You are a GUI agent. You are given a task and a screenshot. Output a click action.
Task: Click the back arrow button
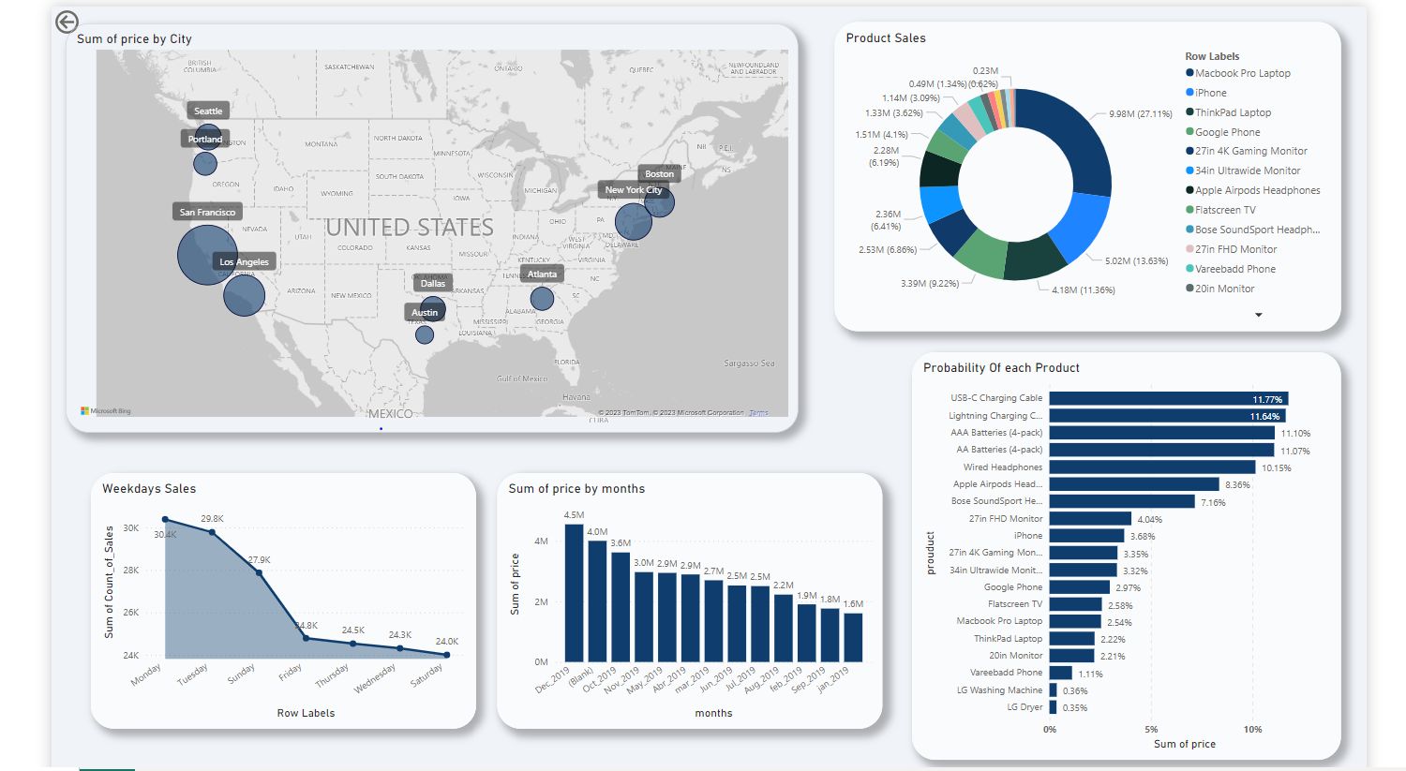[67, 22]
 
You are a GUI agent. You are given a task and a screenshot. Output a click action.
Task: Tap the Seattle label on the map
[208, 111]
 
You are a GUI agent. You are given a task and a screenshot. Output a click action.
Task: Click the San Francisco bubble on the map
[206, 255]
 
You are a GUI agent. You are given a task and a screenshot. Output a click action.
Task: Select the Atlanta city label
[542, 274]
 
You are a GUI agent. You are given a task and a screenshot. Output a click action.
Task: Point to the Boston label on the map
[659, 173]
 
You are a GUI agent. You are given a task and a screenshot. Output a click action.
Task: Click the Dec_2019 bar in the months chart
[574, 592]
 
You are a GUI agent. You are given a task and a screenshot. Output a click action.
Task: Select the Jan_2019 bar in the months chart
[853, 637]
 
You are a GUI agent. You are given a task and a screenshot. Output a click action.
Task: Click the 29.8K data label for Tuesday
[212, 519]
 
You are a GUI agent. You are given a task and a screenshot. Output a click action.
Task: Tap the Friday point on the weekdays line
[307, 638]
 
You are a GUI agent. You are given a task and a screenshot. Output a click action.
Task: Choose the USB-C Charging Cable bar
[1168, 398]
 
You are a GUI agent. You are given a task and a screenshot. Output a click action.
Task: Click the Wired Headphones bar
[1152, 467]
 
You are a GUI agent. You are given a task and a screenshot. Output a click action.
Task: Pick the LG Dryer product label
[1025, 707]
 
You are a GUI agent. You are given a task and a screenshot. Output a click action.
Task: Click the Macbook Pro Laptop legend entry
[1242, 73]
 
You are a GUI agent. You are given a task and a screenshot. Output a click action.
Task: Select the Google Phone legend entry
[1227, 132]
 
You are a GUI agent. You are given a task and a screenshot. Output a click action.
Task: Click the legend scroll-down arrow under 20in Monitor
[1259, 315]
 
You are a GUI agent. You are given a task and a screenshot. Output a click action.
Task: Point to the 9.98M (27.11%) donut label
[1140, 114]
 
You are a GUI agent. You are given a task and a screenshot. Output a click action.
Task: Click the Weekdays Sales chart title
[149, 489]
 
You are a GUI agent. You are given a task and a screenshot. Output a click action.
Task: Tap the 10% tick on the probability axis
[1252, 729]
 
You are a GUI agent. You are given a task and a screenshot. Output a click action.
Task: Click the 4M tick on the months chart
[541, 541]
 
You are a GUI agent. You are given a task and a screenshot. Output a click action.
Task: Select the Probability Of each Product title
[1001, 368]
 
